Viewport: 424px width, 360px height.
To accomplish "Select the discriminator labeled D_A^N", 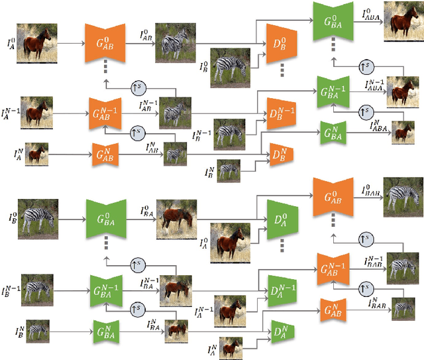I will coord(281,328).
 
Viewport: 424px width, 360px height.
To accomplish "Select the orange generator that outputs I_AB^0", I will coord(106,42).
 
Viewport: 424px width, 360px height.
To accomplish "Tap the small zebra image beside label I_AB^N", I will coord(176,155).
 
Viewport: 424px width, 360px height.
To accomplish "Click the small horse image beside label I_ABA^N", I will coord(402,131).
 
